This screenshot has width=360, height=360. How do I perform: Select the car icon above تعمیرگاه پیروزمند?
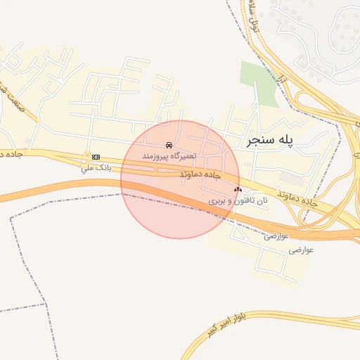click(x=169, y=145)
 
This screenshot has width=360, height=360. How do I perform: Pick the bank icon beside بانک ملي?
click(x=96, y=157)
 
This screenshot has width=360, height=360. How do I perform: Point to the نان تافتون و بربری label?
click(x=239, y=200)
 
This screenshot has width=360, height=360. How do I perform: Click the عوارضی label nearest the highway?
click(x=276, y=236)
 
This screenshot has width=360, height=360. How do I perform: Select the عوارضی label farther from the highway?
click(x=301, y=249)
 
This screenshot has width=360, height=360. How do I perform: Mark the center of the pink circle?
click(x=180, y=179)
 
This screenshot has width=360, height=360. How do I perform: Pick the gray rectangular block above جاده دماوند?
click(x=291, y=178)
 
